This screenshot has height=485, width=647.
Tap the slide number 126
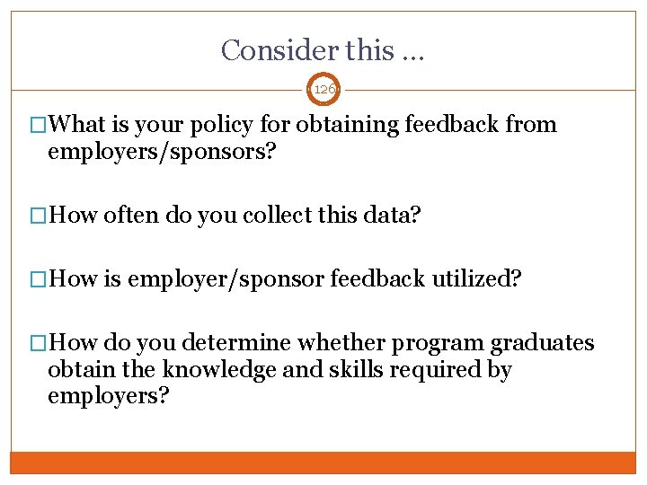[323, 90]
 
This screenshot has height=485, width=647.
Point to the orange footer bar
[323, 463]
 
